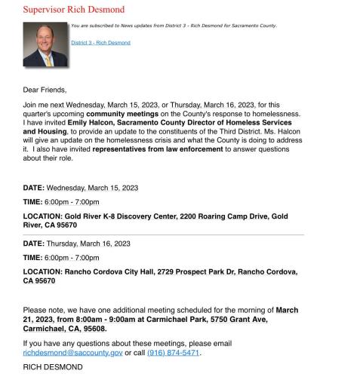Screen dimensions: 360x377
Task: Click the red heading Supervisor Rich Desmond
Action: tap(73, 10)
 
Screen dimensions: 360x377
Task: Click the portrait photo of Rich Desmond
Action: tap(45, 44)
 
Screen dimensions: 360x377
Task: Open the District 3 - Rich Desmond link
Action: tap(100, 43)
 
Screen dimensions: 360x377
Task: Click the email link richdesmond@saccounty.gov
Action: tap(72, 352)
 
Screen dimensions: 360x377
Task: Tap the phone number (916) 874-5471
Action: tap(174, 352)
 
